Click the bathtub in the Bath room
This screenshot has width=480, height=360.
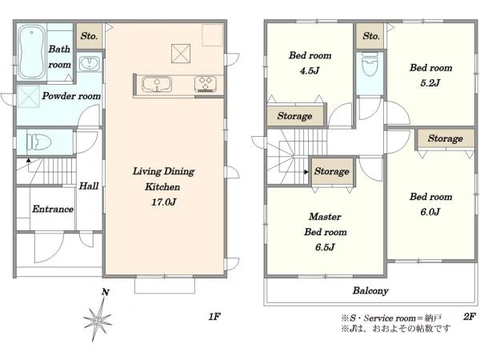point(31,51)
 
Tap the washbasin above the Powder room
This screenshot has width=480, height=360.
point(89,64)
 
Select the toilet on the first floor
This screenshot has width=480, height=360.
point(38,142)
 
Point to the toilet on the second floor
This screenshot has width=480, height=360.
point(370,64)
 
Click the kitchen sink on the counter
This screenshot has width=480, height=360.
point(157,84)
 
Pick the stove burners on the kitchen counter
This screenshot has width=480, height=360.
point(205,84)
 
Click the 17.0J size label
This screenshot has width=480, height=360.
point(163,202)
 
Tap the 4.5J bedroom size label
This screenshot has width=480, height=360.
point(310,71)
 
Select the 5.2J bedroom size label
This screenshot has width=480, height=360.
point(430,83)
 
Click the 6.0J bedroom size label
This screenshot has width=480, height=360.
point(430,212)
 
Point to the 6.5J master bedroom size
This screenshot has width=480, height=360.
point(325,247)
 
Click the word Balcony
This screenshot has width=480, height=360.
point(370,290)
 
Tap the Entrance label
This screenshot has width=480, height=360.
point(53,209)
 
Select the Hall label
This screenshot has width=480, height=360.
point(89,186)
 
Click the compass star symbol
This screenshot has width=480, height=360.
point(98,320)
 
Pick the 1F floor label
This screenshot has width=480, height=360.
point(214,317)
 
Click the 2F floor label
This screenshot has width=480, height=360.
point(470,317)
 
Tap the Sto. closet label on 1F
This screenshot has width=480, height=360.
point(89,36)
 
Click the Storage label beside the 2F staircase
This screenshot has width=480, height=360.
point(331,171)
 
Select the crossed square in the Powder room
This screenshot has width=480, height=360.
point(29,97)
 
